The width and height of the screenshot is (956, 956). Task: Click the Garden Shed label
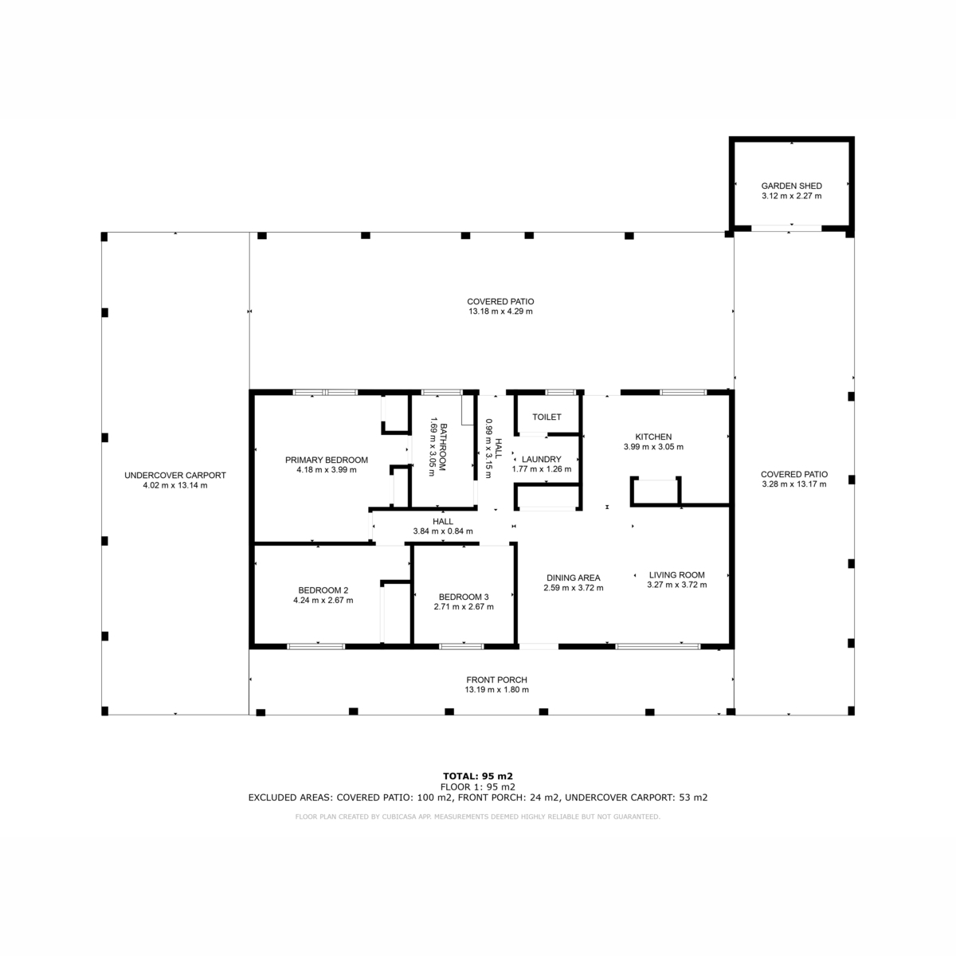[x=791, y=186]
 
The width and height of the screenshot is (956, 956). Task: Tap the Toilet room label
[x=547, y=417]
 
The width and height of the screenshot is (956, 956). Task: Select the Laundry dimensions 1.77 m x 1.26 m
[x=541, y=469]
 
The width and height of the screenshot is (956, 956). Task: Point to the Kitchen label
[x=653, y=437]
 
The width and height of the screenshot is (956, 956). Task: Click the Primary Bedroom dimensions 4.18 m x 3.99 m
[x=327, y=470]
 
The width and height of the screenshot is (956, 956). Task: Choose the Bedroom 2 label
[x=323, y=590]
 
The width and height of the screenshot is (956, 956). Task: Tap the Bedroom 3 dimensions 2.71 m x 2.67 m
[x=464, y=607]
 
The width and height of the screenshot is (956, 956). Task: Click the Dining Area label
[x=573, y=578]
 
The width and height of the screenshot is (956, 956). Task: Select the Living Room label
[x=676, y=575]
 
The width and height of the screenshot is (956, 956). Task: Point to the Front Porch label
[x=496, y=680]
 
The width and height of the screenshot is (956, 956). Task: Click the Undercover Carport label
[x=175, y=476]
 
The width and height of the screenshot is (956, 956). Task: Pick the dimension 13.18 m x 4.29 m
[x=500, y=311]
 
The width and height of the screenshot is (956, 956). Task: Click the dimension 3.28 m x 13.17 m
[x=793, y=484]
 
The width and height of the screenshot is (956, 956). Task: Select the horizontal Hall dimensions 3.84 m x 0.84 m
[x=442, y=531]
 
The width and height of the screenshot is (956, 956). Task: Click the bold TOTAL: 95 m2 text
[x=478, y=777]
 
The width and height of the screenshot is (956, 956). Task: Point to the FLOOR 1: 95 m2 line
[x=478, y=787]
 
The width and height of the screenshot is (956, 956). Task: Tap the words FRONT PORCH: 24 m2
[x=508, y=797]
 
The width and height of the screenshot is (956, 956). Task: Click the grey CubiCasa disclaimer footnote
[x=478, y=817]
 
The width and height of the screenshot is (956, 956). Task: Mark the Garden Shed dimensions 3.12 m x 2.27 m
[x=791, y=196]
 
